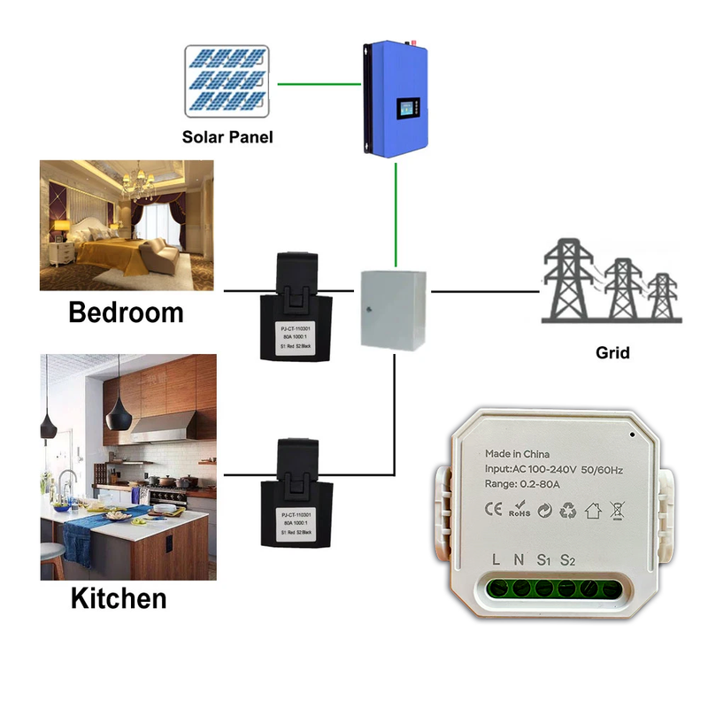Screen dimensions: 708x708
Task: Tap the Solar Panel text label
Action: (x=227, y=137)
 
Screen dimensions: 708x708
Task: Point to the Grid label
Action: (x=612, y=352)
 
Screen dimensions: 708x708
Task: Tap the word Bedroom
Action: (x=126, y=312)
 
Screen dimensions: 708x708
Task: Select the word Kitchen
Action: (x=119, y=597)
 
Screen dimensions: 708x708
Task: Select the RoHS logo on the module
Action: (x=519, y=511)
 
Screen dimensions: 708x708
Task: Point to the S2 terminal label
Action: (x=568, y=559)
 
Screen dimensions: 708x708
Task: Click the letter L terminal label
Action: (x=497, y=559)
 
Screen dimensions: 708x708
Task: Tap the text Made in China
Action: (x=517, y=453)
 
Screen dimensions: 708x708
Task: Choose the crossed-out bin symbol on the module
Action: (x=617, y=510)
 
